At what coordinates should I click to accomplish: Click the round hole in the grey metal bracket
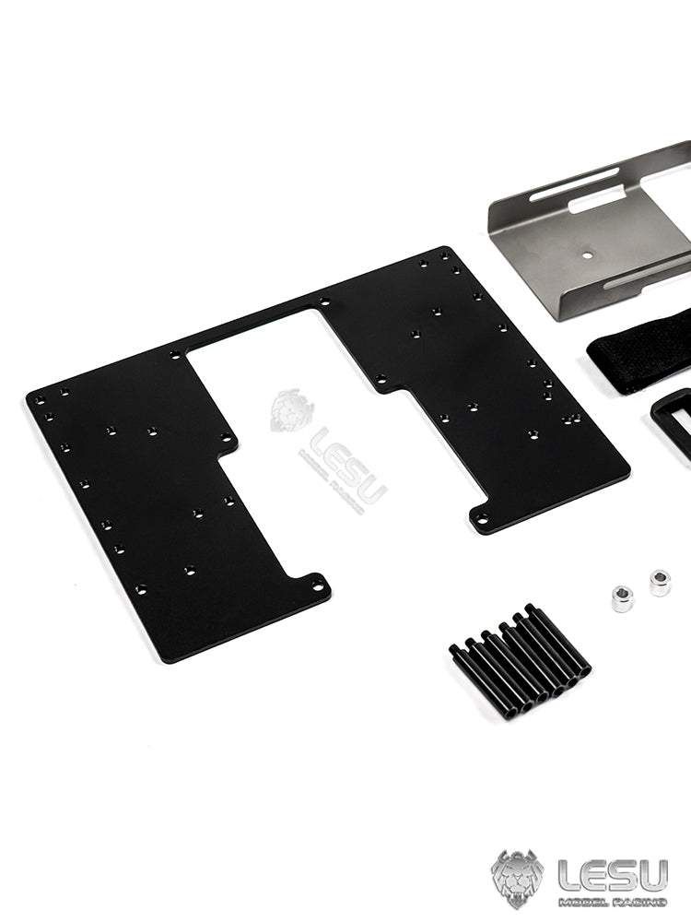pos(587,255)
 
